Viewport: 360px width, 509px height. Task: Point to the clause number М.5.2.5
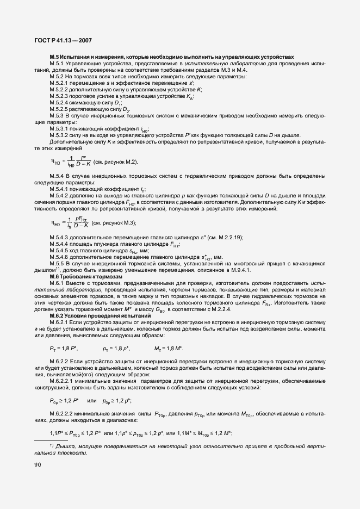pyautogui.click(x=60, y=109)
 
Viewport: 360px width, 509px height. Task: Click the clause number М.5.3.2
pyautogui.click(x=60, y=135)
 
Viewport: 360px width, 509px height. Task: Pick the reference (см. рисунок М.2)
pyautogui.click(x=115, y=162)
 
